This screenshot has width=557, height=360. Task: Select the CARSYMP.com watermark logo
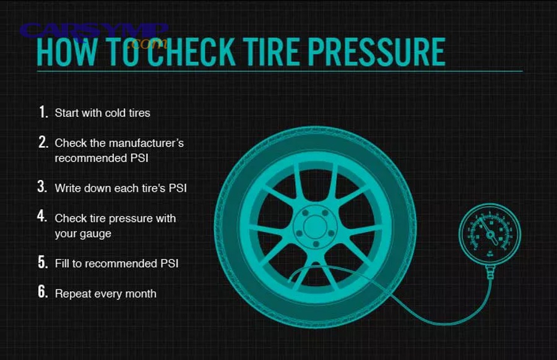click(x=95, y=34)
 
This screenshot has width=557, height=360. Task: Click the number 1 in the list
click(x=43, y=113)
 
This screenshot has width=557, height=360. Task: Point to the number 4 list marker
click(x=42, y=217)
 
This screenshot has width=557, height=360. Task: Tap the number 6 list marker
click(x=42, y=293)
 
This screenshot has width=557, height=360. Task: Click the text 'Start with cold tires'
click(x=102, y=113)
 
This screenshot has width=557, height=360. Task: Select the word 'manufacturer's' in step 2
click(x=145, y=143)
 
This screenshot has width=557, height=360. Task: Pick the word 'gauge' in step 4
click(x=97, y=234)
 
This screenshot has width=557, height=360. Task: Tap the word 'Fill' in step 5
click(x=63, y=264)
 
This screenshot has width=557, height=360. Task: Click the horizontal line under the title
click(x=278, y=71)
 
